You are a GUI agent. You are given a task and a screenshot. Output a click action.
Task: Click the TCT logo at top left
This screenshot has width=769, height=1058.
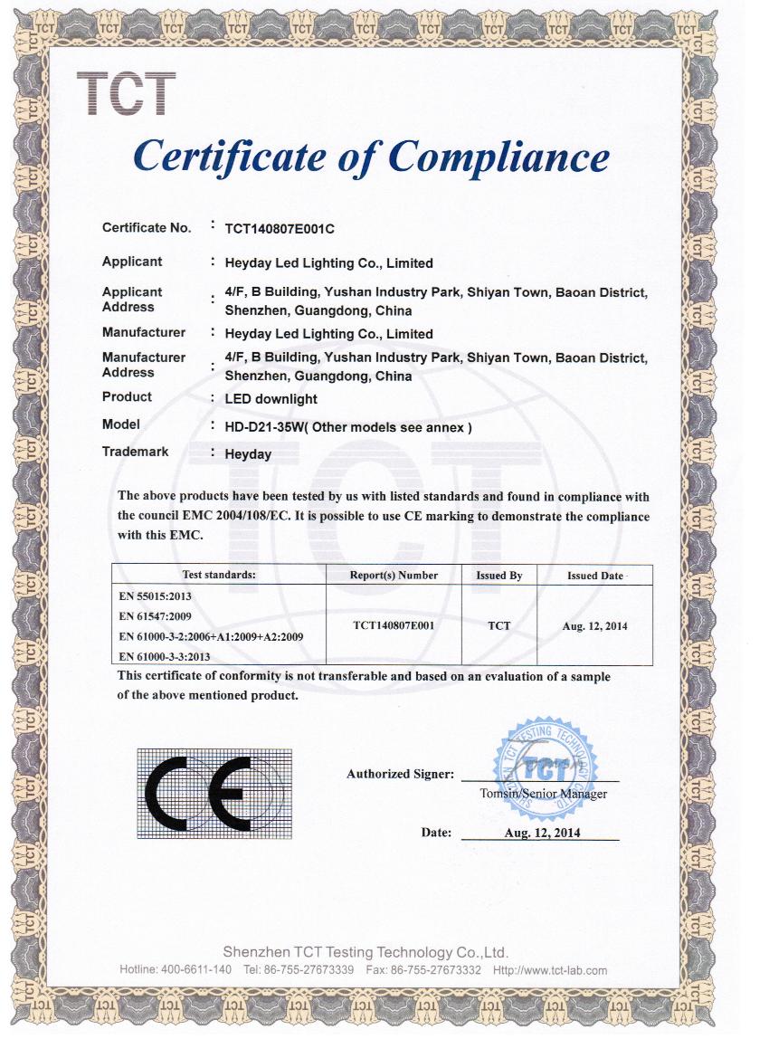(126, 94)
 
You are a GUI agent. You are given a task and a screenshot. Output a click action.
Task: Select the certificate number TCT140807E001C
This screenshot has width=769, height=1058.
(280, 229)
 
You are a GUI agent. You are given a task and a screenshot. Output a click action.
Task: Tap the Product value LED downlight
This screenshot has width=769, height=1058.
(271, 398)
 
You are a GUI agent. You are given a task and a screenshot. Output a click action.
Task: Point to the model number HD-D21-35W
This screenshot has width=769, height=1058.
(262, 426)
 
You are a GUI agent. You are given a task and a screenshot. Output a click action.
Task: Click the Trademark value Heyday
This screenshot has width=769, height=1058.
(247, 454)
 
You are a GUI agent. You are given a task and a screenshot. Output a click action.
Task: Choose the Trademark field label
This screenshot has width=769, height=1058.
(135, 452)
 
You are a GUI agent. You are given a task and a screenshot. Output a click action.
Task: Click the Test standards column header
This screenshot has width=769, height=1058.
(219, 575)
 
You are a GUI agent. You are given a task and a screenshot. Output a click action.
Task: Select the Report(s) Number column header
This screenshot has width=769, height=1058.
(394, 576)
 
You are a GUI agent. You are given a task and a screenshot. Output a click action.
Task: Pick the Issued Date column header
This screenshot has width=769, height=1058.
(594, 576)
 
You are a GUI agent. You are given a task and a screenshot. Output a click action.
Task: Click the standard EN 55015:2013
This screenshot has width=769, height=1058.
(156, 597)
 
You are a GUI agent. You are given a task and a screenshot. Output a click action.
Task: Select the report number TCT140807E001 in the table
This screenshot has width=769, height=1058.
(394, 625)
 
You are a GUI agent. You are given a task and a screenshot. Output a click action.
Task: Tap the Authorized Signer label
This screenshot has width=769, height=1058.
(399, 774)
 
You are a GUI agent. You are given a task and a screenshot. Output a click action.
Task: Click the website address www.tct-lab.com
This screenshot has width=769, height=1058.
(562, 970)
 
